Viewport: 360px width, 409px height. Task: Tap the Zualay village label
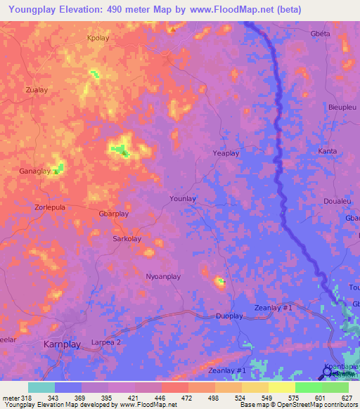click(36, 90)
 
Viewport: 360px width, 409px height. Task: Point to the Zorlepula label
click(50, 208)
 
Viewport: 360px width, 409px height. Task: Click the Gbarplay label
click(114, 214)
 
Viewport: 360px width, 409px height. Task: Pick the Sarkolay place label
click(127, 239)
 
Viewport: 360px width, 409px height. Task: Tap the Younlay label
click(183, 199)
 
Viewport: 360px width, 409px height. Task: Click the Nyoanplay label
click(163, 277)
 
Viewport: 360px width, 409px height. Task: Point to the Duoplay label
click(229, 316)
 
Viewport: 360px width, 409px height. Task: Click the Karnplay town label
click(62, 344)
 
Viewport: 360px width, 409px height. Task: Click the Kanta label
click(328, 151)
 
